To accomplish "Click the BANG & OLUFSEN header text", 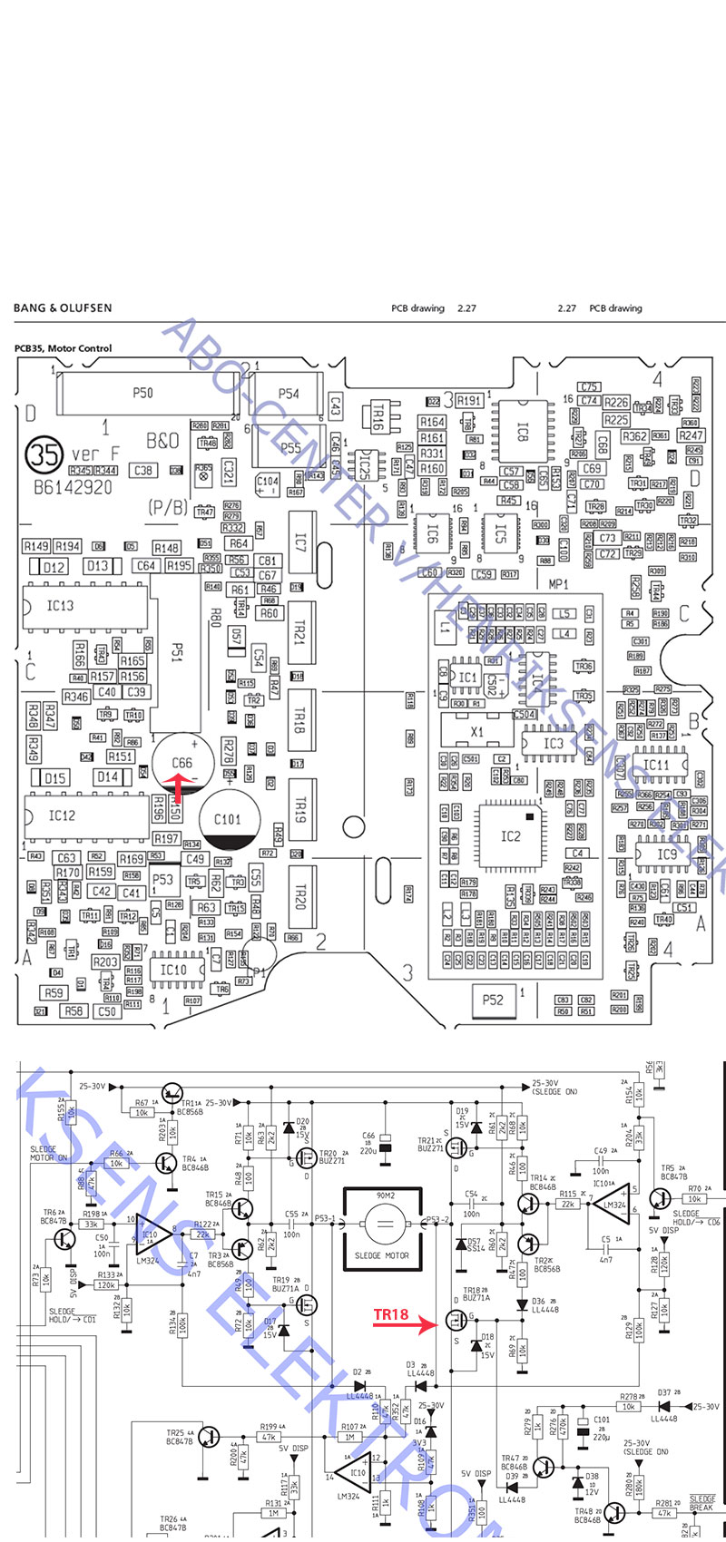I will click(x=63, y=308).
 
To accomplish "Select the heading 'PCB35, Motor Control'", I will click(x=64, y=348).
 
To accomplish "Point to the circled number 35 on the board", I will click(x=44, y=454).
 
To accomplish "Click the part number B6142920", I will click(x=73, y=487).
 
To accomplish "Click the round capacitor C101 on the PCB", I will click(x=228, y=820).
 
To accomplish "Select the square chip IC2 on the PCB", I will click(x=511, y=835).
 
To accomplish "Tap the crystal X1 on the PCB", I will click(x=477, y=731).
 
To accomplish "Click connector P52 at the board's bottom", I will click(x=493, y=1000).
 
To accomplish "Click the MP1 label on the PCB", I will click(x=558, y=585).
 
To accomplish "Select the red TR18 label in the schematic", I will click(x=391, y=1314).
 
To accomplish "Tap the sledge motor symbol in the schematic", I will click(x=382, y=1228).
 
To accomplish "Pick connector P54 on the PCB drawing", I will click(x=289, y=394).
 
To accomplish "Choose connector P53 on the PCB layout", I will click(x=162, y=879).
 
